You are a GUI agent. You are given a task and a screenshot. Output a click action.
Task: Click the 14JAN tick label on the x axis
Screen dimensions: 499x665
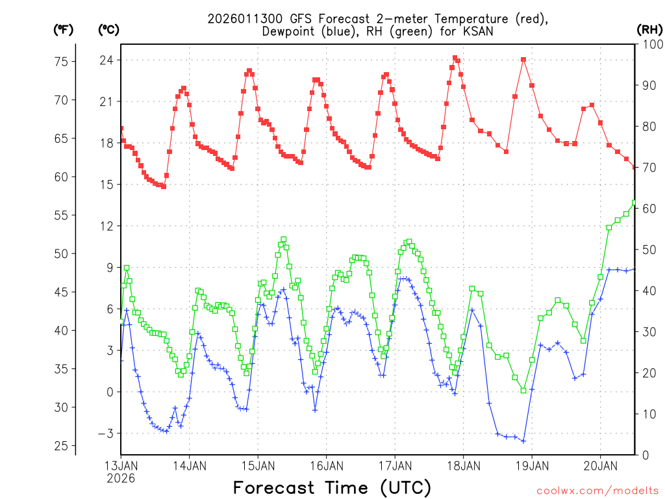click(x=190, y=465)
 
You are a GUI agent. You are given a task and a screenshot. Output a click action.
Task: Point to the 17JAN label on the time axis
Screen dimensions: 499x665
click(x=395, y=465)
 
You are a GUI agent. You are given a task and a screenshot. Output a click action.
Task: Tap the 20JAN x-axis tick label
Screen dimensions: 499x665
click(x=600, y=465)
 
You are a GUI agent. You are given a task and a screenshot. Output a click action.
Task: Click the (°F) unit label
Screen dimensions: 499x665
click(x=63, y=29)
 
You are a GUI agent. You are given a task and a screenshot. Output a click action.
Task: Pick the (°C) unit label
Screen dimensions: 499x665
click(x=108, y=29)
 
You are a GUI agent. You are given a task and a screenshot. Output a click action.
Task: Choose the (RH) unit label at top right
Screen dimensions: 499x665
click(x=649, y=29)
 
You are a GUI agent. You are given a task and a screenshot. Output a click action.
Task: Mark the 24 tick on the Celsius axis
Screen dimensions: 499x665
click(x=107, y=60)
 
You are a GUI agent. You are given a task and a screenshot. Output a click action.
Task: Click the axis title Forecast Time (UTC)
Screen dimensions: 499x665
click(x=332, y=487)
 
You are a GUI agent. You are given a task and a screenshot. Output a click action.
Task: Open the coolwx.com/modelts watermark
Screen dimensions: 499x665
click(x=597, y=489)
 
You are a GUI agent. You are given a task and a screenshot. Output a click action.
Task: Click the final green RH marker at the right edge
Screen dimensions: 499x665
click(x=634, y=202)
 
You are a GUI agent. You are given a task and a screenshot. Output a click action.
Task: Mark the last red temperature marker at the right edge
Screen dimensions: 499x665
click(x=634, y=167)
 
